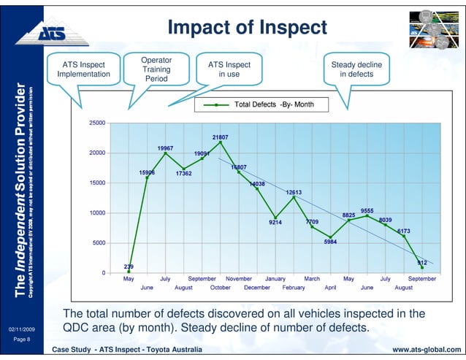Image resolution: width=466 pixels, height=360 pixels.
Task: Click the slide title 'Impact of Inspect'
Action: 247,28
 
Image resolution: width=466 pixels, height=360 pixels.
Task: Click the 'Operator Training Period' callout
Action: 156,68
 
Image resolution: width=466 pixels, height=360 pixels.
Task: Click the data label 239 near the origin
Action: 129,267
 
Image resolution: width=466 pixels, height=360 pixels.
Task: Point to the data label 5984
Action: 330,242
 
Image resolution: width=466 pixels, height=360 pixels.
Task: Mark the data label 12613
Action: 294,192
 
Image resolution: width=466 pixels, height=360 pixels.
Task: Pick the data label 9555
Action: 367,210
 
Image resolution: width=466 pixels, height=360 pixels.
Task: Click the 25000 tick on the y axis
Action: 96,123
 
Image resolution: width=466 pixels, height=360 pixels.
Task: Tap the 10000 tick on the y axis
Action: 96,213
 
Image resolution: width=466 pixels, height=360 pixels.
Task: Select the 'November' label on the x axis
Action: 238,278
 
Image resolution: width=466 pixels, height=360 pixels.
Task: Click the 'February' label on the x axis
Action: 293,288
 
